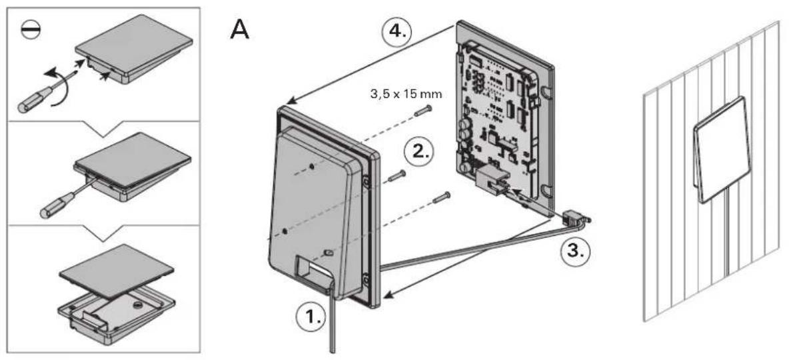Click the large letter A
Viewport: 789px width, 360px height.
[x=239, y=29]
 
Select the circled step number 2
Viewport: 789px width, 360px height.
[x=419, y=151]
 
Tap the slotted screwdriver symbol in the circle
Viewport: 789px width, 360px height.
[x=30, y=30]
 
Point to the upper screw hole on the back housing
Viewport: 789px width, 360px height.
[x=313, y=165]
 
